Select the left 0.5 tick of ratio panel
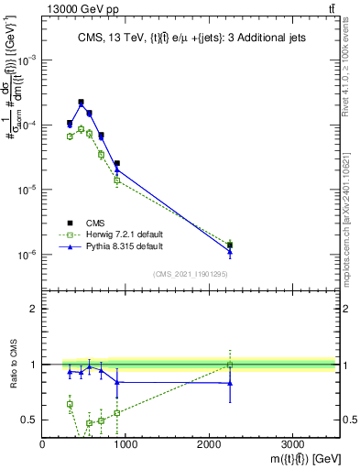coord(32,420)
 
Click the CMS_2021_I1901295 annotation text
coord(190,274)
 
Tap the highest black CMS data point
coord(81,103)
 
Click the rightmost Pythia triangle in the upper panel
coord(230,251)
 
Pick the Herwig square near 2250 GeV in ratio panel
coord(230,365)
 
